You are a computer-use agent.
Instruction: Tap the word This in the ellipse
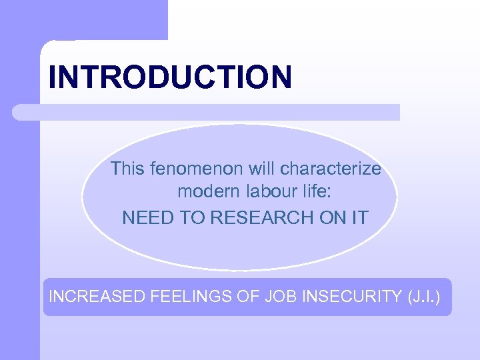coord(127,169)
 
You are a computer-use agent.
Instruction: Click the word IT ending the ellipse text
coord(359,217)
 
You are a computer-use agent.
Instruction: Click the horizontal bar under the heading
coord(207,112)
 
